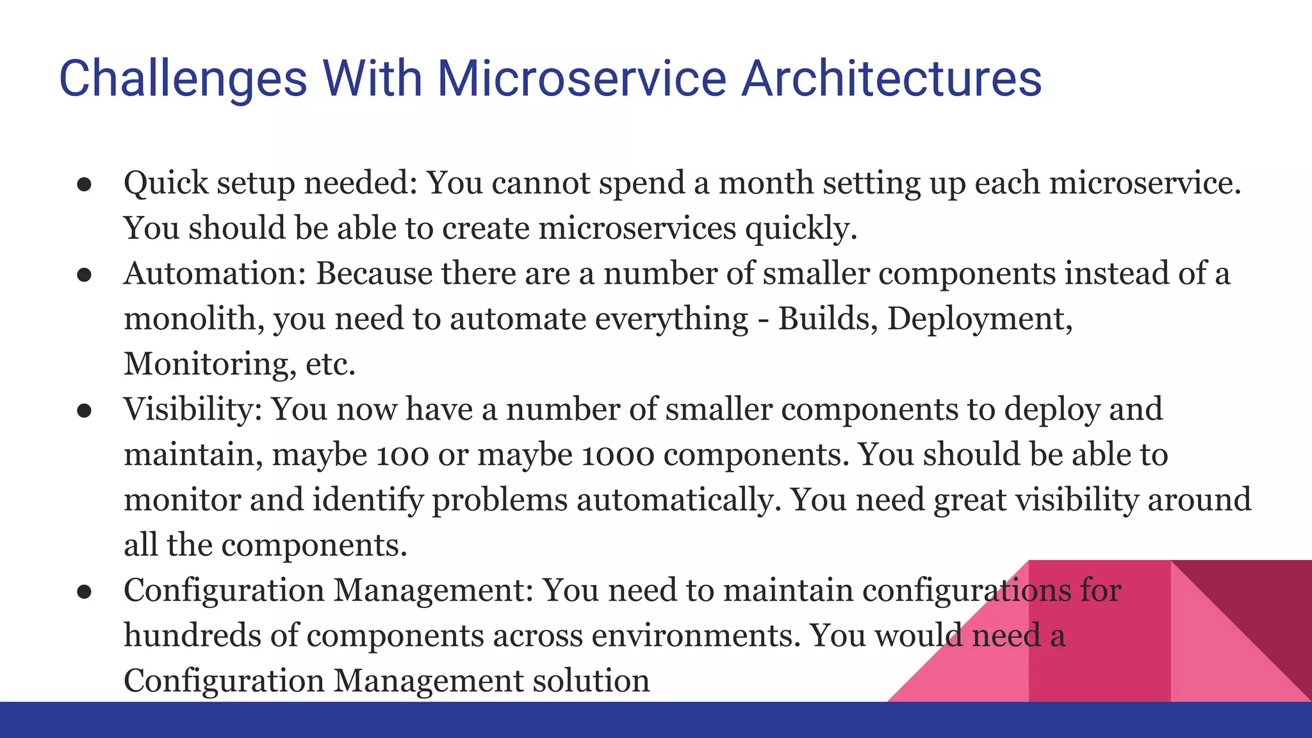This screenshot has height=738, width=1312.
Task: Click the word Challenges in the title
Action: pyautogui.click(x=183, y=79)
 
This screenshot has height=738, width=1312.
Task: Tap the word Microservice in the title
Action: pyautogui.click(x=581, y=79)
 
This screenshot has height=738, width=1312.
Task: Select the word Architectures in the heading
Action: pyautogui.click(x=891, y=79)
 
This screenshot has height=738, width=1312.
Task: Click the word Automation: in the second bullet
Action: pyautogui.click(x=215, y=274)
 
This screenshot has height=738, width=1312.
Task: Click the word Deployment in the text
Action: pyautogui.click(x=979, y=319)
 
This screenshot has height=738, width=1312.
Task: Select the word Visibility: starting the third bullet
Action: pyautogui.click(x=193, y=409)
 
